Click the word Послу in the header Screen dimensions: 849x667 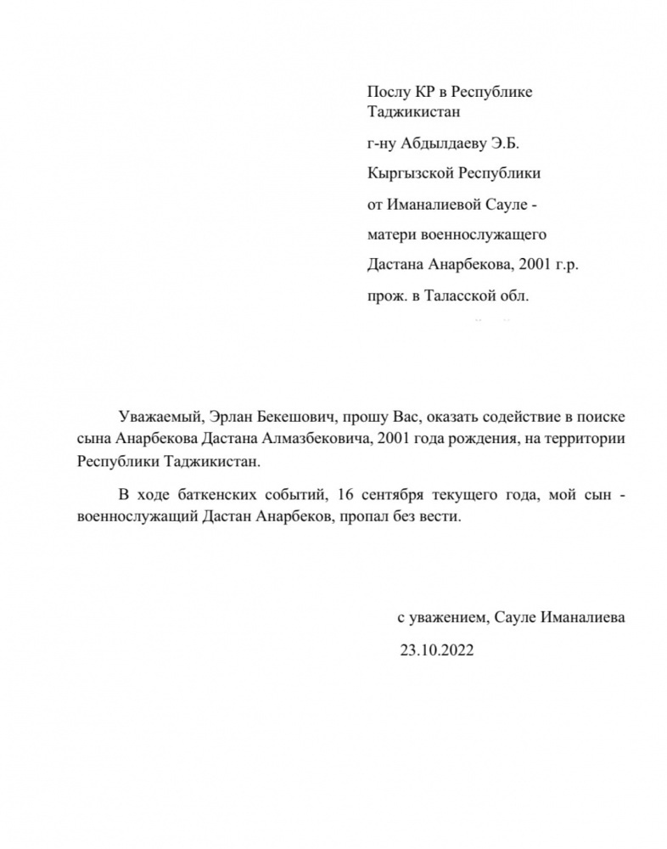[x=385, y=92]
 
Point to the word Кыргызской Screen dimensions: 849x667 [x=404, y=172]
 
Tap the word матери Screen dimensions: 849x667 [x=388, y=233]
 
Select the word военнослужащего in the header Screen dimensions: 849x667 [x=484, y=233]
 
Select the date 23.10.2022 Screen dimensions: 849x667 [x=437, y=650]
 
